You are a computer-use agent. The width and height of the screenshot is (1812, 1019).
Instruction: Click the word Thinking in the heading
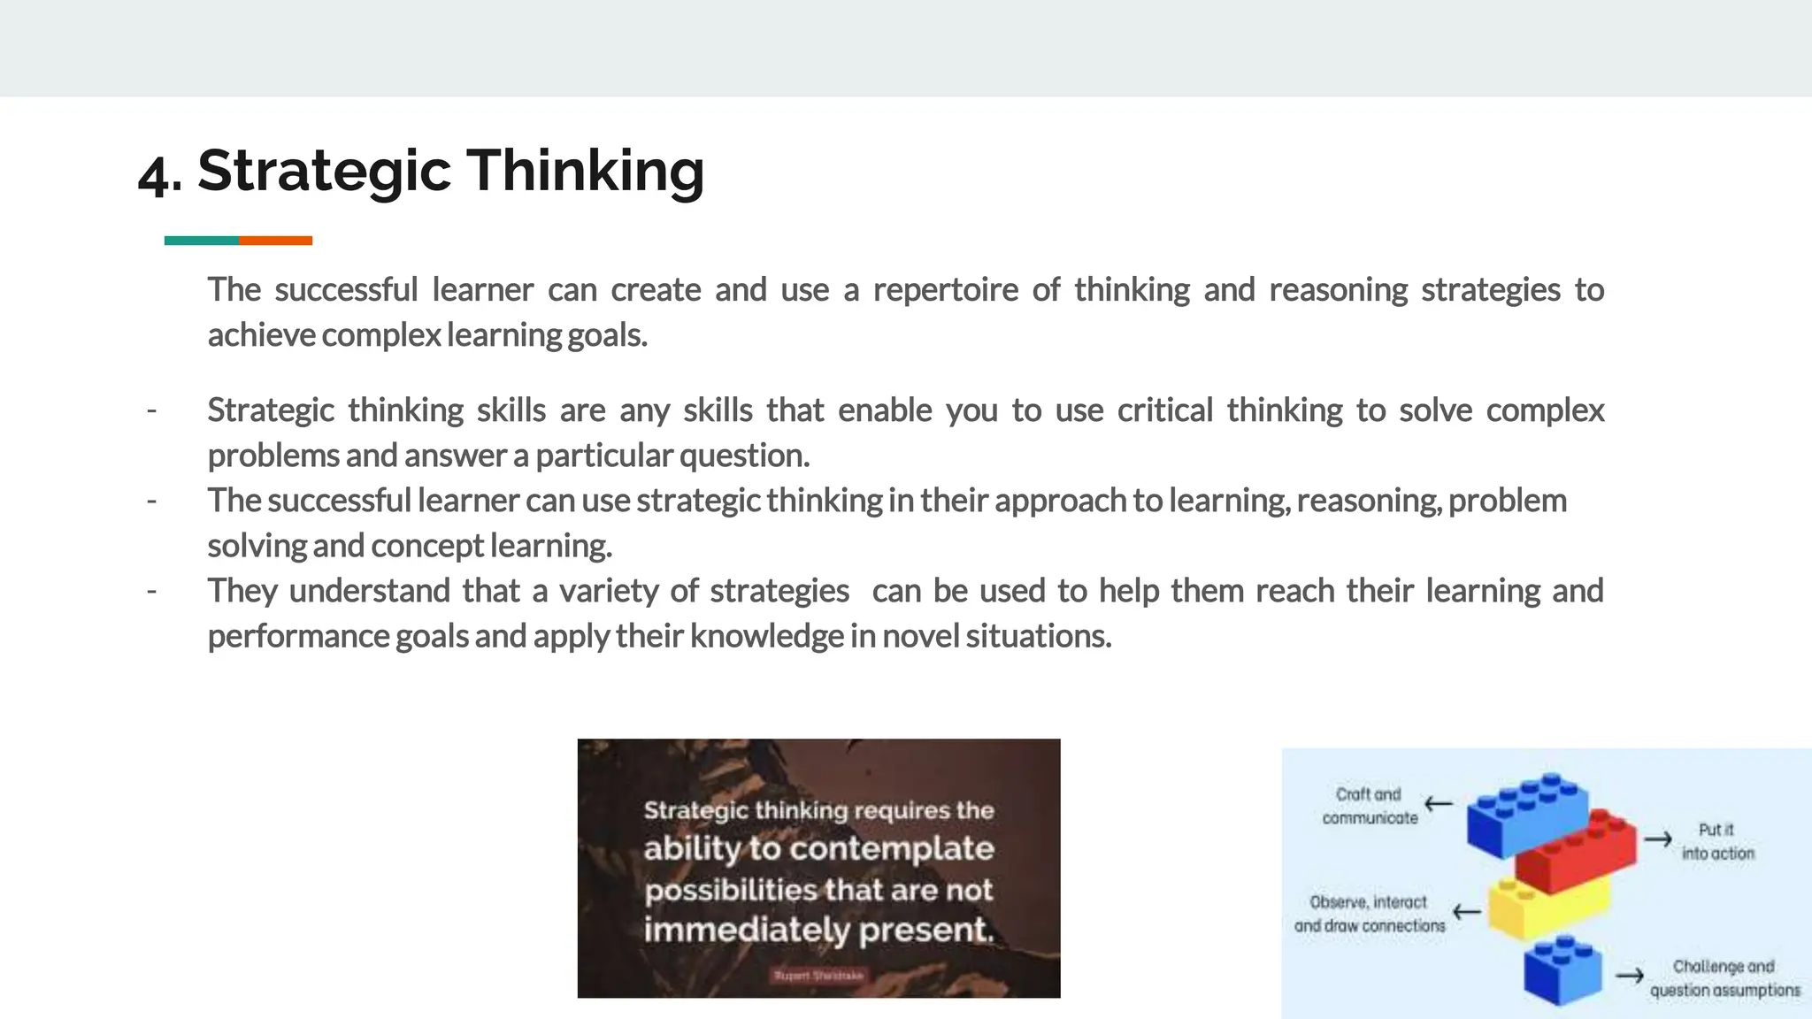coord(585,170)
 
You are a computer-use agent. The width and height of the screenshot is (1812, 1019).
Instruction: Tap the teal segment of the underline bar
coord(201,241)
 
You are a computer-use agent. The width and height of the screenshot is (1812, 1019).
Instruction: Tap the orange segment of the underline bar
coord(275,241)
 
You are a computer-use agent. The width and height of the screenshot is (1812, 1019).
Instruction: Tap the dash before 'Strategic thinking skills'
coord(152,410)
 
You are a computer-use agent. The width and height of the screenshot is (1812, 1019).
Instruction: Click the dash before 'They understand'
coord(152,591)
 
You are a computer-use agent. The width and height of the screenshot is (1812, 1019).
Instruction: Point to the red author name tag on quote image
coord(818,976)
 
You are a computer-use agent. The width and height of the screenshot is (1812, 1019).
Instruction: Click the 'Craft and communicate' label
coord(1370,806)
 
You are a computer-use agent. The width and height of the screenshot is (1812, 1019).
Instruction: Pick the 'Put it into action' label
coord(1716,841)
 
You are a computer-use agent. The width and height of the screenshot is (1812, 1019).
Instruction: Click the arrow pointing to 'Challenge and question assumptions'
coord(1630,977)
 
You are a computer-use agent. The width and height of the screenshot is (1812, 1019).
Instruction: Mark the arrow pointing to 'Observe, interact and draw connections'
coord(1467,911)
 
